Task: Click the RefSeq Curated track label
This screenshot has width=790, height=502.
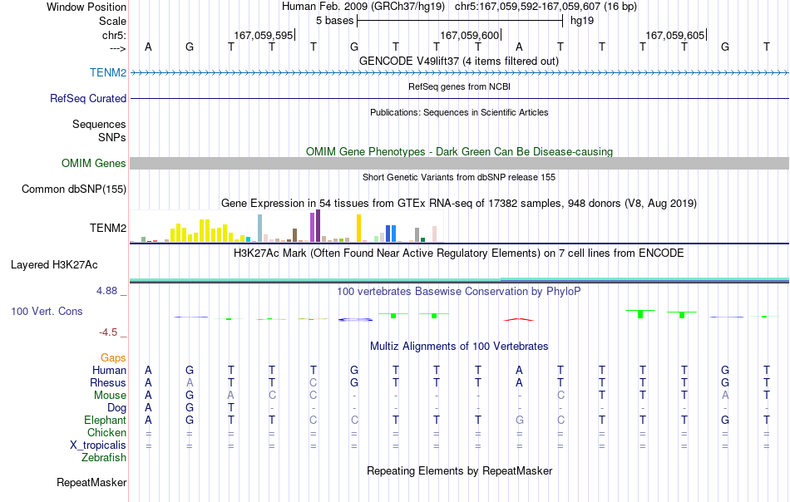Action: click(x=88, y=98)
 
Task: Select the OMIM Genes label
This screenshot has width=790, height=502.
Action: click(x=94, y=163)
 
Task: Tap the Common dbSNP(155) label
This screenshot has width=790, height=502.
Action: click(x=74, y=189)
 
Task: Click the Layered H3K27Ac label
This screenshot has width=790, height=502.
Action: click(x=54, y=265)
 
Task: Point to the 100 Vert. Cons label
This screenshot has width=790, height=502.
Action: click(x=47, y=311)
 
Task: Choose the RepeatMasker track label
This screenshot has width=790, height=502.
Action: click(x=91, y=482)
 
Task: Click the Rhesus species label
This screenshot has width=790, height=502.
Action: click(x=108, y=382)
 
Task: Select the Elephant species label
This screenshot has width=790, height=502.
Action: click(x=105, y=420)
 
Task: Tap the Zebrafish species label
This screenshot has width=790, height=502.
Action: click(x=104, y=458)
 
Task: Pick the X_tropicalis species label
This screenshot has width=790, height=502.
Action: click(x=98, y=445)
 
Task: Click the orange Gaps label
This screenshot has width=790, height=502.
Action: click(x=113, y=357)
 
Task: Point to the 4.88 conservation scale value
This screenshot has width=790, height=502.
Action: click(x=106, y=291)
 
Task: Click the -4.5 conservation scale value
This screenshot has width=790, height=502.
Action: click(x=108, y=332)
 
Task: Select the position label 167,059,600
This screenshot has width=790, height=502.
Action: click(x=469, y=35)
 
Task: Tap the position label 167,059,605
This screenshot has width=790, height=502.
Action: click(x=674, y=35)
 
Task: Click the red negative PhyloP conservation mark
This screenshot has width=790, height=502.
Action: click(x=519, y=319)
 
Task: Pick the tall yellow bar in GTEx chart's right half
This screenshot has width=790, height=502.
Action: click(x=358, y=228)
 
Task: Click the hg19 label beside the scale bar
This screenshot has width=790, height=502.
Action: click(x=582, y=21)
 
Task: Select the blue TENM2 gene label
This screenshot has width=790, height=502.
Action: click(x=108, y=72)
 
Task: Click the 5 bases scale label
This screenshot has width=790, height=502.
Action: click(x=334, y=21)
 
